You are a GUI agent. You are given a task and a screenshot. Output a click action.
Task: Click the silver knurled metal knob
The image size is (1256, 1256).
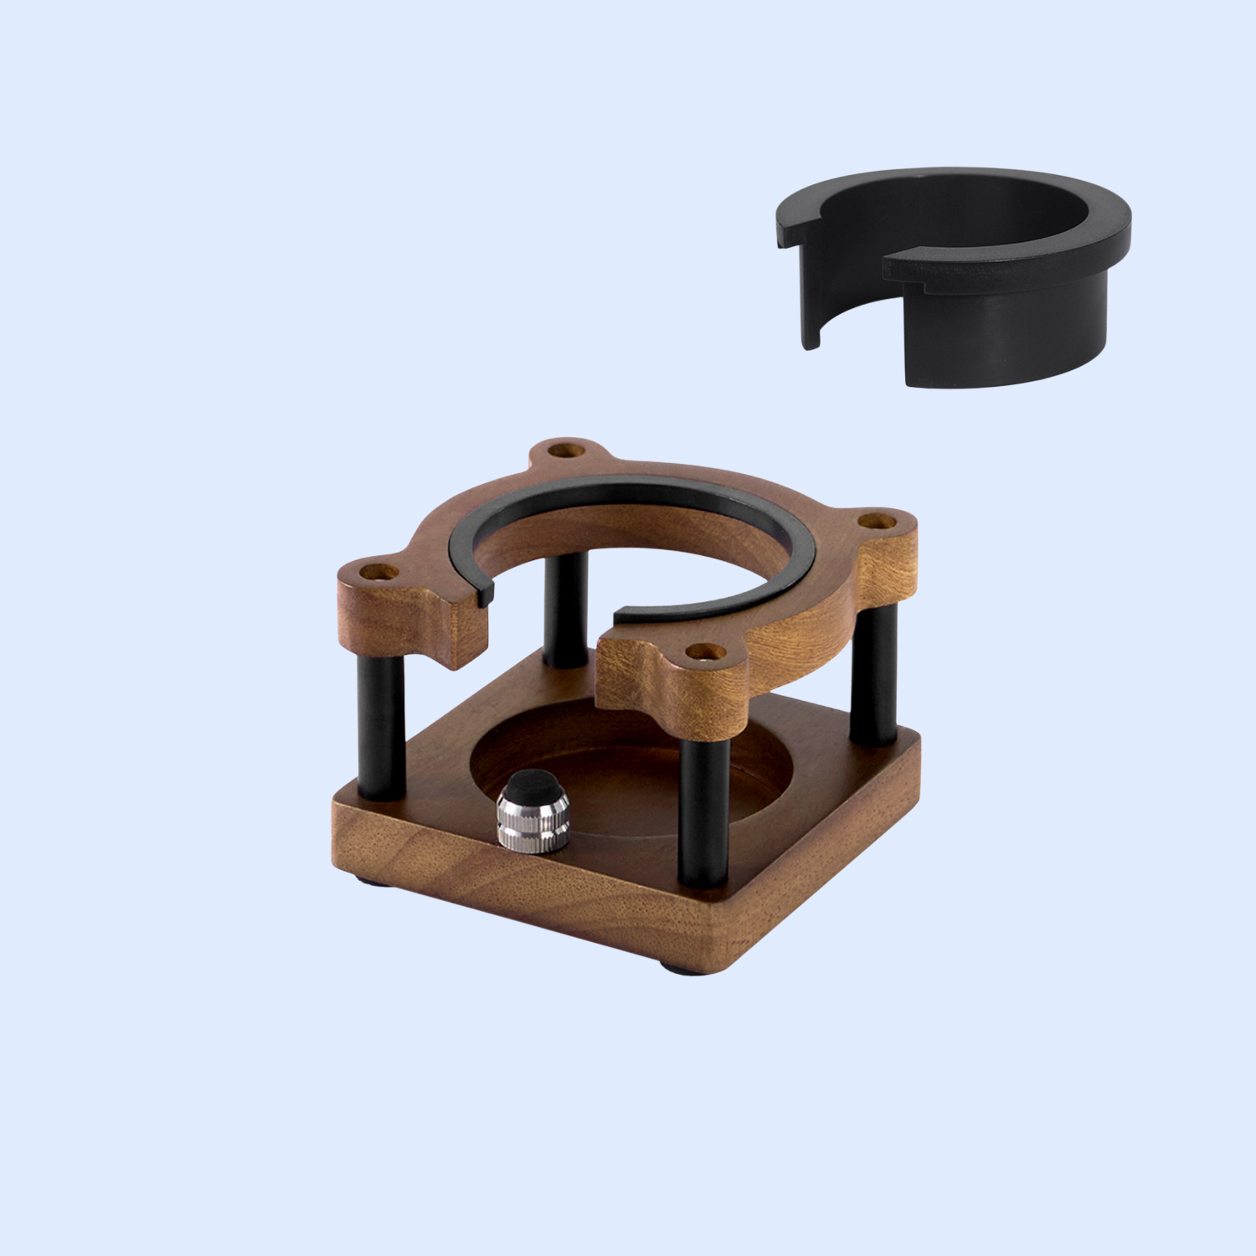pos(533,821)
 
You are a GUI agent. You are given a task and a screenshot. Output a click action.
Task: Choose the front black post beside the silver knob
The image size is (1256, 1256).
pos(701,812)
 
